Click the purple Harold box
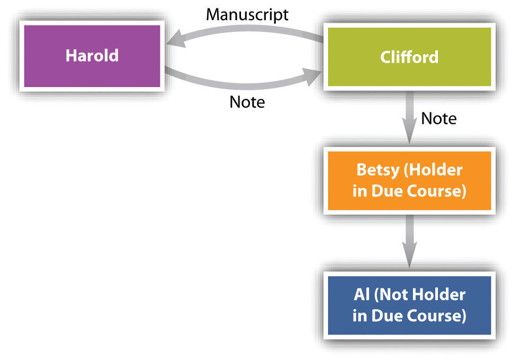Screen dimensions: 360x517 [x=91, y=56]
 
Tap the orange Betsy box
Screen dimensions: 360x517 [x=409, y=181]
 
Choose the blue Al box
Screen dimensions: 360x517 [x=409, y=305]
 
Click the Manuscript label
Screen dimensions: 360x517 [x=247, y=14]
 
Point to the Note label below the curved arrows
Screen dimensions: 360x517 [x=247, y=101]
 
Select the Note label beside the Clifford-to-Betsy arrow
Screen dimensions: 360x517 [x=438, y=118]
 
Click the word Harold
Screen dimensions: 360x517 [x=91, y=56]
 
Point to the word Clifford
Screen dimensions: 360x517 [x=409, y=57]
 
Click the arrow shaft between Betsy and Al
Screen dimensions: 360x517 [x=409, y=234]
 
